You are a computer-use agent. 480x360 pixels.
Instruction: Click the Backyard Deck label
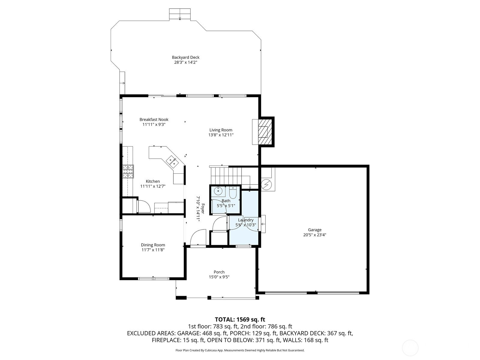[x=185, y=57]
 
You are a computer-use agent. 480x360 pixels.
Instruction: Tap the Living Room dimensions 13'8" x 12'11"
[x=221, y=135]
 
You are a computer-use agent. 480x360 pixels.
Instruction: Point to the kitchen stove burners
[x=128, y=171]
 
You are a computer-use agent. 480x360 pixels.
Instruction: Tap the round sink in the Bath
[x=218, y=191]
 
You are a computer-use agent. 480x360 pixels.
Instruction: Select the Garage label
[x=315, y=230]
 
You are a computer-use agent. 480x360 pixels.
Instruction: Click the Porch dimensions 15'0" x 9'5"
[x=219, y=277]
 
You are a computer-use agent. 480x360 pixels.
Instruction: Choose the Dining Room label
[x=153, y=245]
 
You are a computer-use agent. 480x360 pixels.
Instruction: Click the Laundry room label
[x=246, y=220]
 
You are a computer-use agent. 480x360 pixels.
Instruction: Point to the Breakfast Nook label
[x=154, y=119]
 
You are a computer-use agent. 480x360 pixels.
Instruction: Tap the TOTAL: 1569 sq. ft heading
[x=240, y=319]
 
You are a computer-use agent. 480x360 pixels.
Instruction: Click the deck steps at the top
[x=180, y=15]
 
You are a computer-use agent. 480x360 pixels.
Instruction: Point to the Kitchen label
[x=153, y=181]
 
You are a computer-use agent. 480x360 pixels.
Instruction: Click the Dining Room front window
[x=154, y=278]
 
